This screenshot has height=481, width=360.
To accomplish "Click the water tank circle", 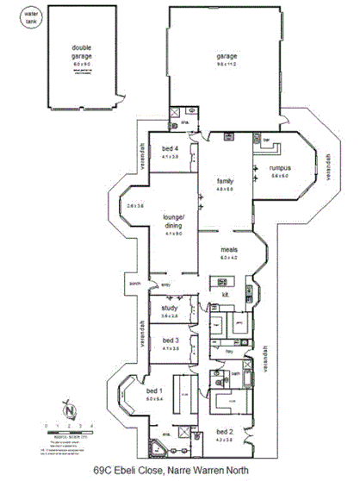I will click(x=32, y=17).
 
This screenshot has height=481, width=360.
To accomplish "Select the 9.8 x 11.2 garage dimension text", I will click(x=226, y=64).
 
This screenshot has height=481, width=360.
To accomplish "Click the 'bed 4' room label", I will click(x=168, y=149).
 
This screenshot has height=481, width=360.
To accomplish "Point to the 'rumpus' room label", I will click(x=280, y=167).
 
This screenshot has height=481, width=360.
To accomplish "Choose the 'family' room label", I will click(x=226, y=181).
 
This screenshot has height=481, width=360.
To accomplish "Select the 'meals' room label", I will click(x=228, y=250).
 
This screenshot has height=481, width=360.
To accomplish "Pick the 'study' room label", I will click(x=169, y=309).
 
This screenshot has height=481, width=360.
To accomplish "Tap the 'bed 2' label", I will click(x=224, y=431).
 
